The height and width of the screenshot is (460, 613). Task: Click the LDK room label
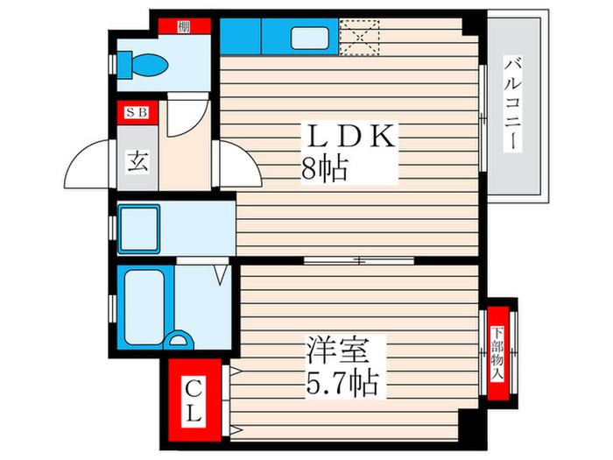tap(350, 138)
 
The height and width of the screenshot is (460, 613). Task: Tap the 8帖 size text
tap(324, 167)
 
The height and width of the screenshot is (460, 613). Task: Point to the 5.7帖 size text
tap(342, 383)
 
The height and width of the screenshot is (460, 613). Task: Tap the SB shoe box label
tap(136, 112)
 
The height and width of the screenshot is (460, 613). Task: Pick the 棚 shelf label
tap(183, 26)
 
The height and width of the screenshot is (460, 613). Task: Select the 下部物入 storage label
tap(497, 352)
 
